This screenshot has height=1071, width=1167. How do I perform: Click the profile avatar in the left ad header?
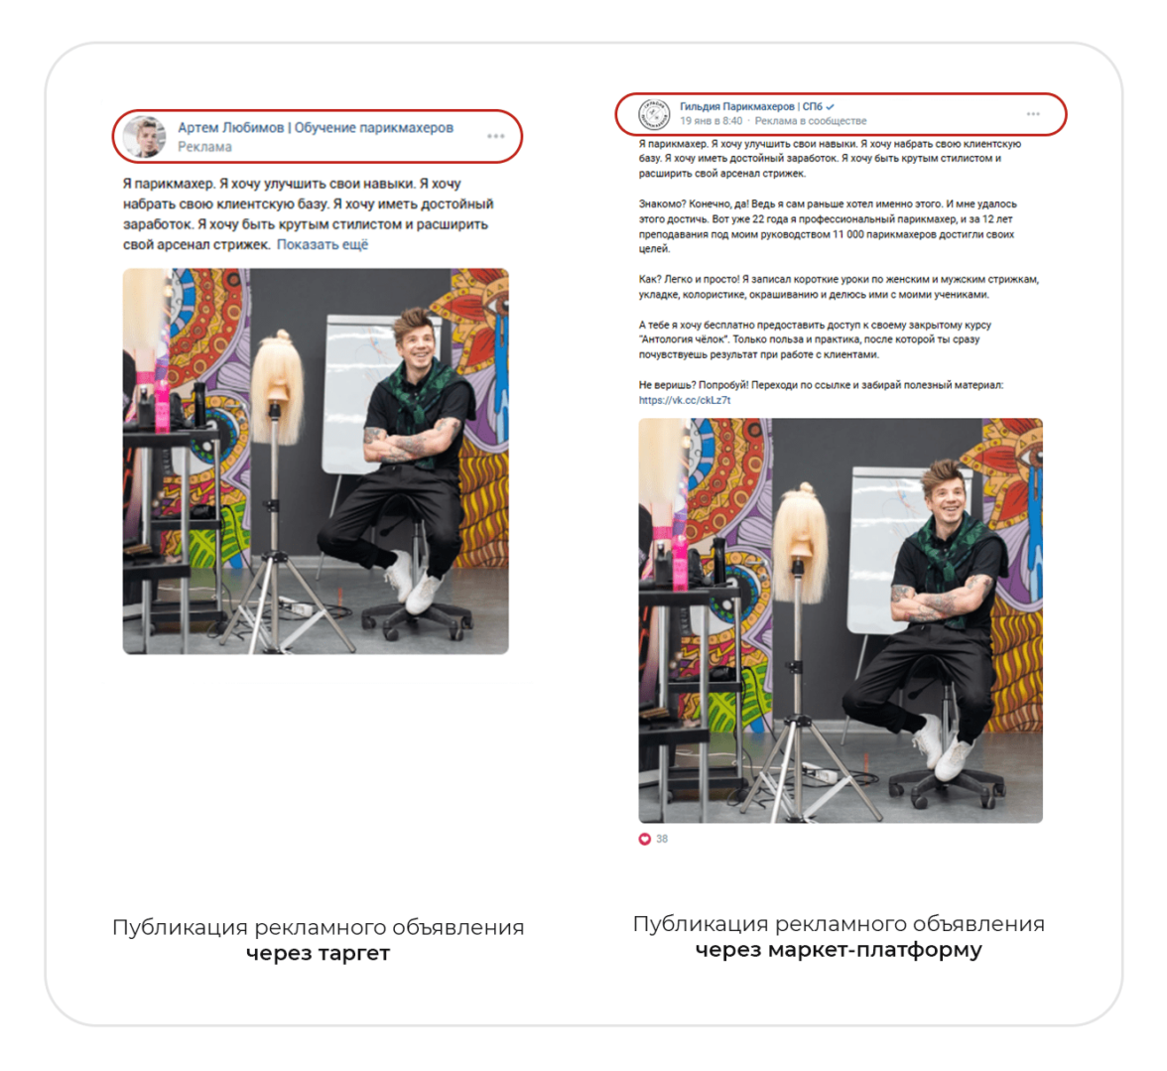tap(144, 136)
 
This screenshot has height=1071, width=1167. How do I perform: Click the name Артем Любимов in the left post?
tap(230, 127)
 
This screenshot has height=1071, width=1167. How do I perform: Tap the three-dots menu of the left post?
tap(496, 136)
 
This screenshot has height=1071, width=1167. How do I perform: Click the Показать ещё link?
tap(323, 245)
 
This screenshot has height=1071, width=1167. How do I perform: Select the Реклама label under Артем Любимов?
tap(204, 147)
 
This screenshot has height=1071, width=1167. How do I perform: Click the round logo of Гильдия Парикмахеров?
tap(654, 114)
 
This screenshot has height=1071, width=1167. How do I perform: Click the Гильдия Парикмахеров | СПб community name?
tap(751, 106)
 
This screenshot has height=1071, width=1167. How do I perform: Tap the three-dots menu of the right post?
tap(1033, 114)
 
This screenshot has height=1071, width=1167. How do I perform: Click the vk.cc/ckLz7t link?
tap(685, 400)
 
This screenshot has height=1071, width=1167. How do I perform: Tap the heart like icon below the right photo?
tap(645, 839)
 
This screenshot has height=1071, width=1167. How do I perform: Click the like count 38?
tap(662, 839)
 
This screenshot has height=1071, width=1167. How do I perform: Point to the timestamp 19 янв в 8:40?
tap(711, 120)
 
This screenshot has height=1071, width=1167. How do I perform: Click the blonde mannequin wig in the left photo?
tap(278, 386)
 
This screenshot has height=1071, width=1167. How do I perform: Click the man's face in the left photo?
tap(415, 346)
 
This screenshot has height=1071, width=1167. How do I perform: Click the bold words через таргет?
tap(318, 953)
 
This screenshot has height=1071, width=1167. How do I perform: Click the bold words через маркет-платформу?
tap(839, 950)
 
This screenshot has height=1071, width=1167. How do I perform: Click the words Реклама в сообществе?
tap(811, 120)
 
